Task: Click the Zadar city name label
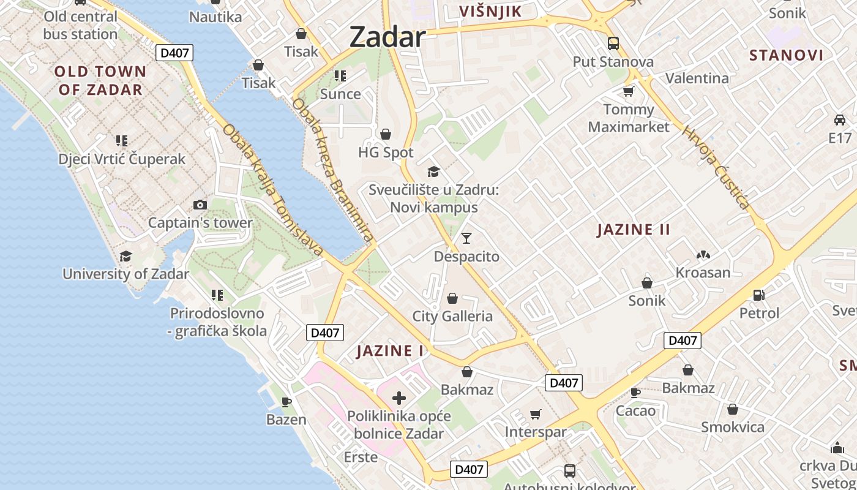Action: tap(387, 37)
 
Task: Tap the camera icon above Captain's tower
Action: tap(200, 205)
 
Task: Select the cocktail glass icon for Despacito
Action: tap(466, 238)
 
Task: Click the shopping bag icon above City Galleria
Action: tap(452, 298)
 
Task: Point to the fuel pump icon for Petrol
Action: tap(758, 295)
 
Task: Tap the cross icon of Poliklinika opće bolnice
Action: tap(399, 399)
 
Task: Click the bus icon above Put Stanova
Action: tap(613, 43)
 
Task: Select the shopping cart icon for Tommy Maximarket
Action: tap(628, 92)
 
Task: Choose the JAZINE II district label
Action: tap(634, 230)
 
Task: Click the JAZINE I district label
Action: tap(391, 351)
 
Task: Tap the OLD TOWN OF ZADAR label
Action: tap(101, 80)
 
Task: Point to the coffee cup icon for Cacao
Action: tap(635, 393)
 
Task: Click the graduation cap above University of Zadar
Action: tap(125, 256)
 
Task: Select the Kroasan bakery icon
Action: tap(703, 255)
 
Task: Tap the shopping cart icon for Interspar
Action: tap(535, 415)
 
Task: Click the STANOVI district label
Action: tap(786, 55)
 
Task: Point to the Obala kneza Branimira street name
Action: tap(332, 169)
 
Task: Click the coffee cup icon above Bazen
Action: tap(286, 402)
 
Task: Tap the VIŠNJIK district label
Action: tap(490, 11)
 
